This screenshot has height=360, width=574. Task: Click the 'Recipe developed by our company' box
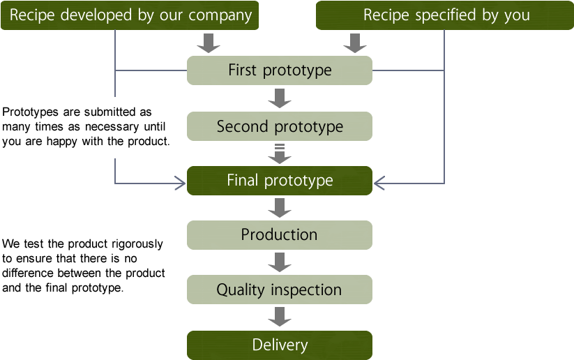pyautogui.click(x=130, y=15)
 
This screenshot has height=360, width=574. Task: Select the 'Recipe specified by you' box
pyautogui.click(x=446, y=15)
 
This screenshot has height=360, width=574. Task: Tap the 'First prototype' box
pyautogui.click(x=279, y=70)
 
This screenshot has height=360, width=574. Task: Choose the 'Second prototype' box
pyautogui.click(x=279, y=126)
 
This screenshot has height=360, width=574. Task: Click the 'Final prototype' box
pyautogui.click(x=279, y=181)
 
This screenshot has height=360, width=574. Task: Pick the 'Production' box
pyautogui.click(x=279, y=235)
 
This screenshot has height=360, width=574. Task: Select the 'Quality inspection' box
pyautogui.click(x=279, y=290)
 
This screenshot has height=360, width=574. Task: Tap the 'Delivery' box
pyautogui.click(x=279, y=345)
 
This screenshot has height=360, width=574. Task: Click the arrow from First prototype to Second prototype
pyautogui.click(x=279, y=98)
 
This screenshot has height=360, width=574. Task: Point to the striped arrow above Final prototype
pyautogui.click(x=279, y=153)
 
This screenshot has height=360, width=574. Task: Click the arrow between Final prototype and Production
pyautogui.click(x=279, y=208)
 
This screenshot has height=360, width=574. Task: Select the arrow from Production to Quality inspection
pyautogui.click(x=279, y=262)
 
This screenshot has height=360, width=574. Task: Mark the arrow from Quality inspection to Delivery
pyautogui.click(x=279, y=317)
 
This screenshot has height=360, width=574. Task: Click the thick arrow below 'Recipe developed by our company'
pyautogui.click(x=208, y=43)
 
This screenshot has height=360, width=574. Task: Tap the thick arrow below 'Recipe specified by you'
pyautogui.click(x=354, y=43)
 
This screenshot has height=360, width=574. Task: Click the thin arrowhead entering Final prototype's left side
pyautogui.click(x=181, y=183)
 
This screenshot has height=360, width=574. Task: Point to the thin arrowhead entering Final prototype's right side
pyautogui.click(x=379, y=183)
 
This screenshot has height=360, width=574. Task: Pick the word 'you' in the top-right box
pyautogui.click(x=516, y=16)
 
